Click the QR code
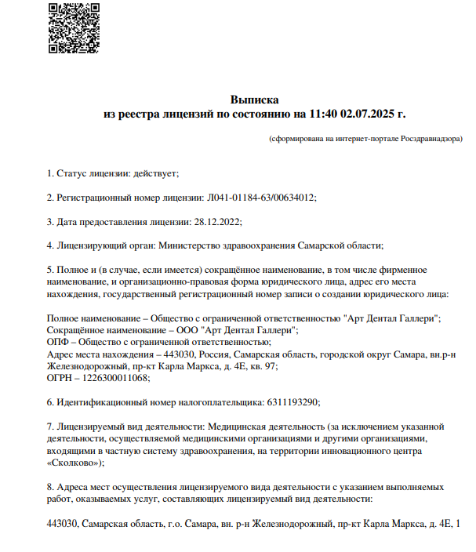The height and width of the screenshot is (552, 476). pos(74,28)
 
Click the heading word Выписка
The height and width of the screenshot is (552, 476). pos(255,100)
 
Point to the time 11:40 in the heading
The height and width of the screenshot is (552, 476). pos(323,114)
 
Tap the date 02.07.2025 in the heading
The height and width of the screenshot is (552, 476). pos(369,114)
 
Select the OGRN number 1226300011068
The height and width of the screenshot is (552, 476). pos(117,378)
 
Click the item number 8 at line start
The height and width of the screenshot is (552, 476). pos(50,486)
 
